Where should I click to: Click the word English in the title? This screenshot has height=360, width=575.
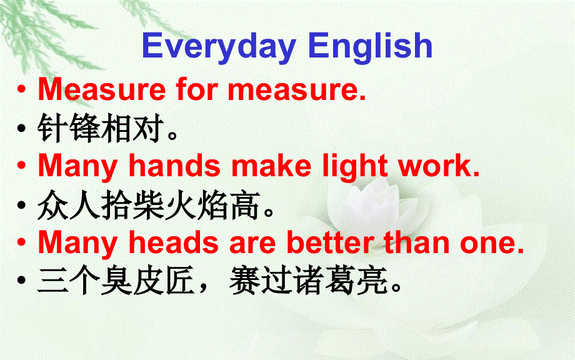pyautogui.click(x=370, y=47)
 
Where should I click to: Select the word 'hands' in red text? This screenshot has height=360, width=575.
pyautogui.click(x=174, y=166)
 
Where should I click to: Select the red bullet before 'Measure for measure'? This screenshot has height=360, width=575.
pyautogui.click(x=22, y=91)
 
